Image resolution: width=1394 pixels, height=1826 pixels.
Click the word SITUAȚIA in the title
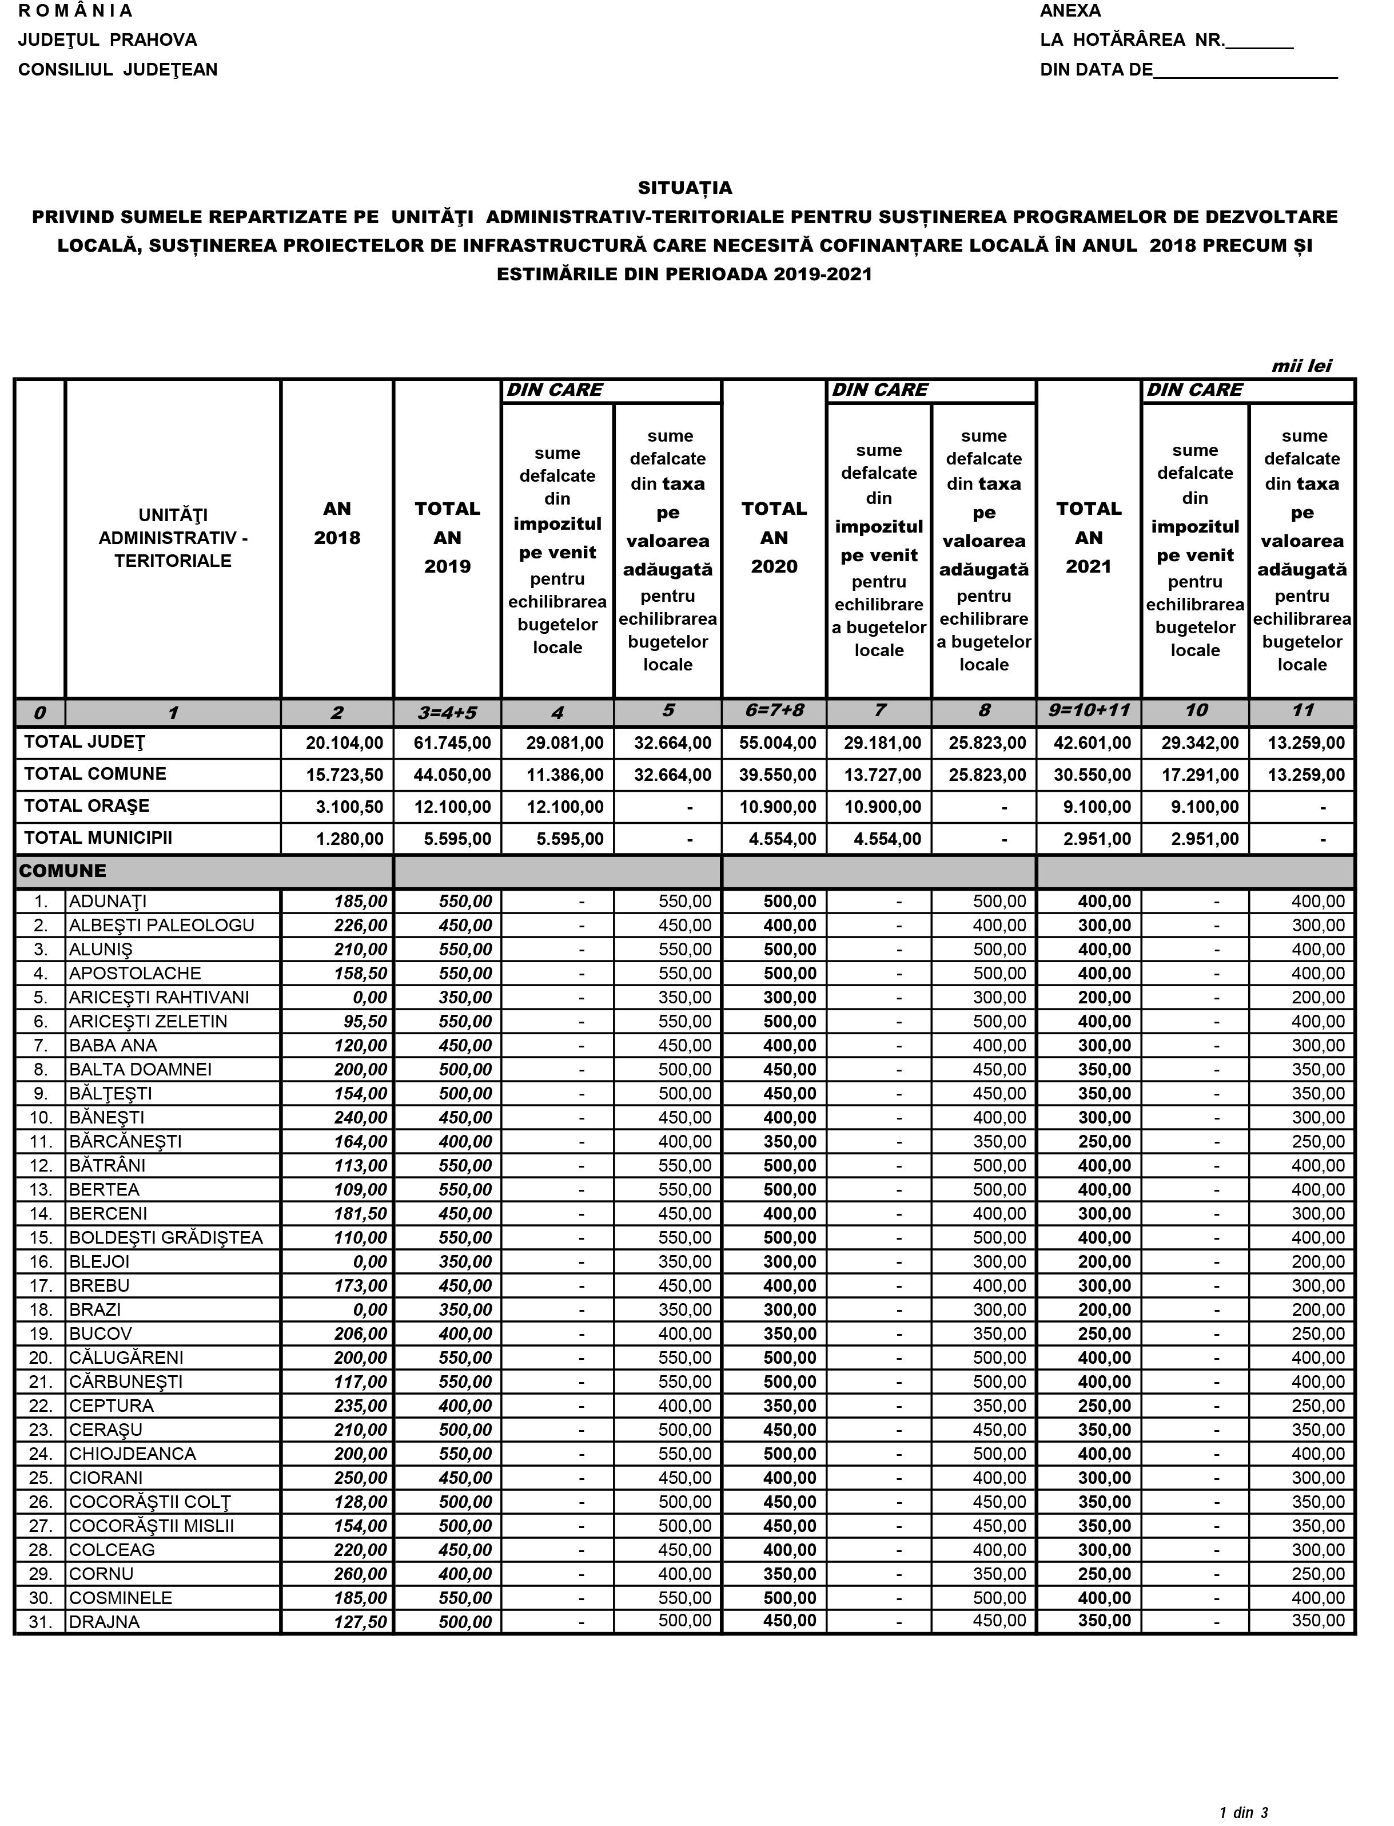point(684,188)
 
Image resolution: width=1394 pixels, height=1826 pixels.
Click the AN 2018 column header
point(337,524)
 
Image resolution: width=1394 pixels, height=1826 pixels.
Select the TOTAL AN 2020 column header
point(774,538)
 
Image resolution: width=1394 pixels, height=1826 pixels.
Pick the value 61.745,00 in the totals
point(452,743)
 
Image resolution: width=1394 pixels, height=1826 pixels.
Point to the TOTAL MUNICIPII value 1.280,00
point(349,839)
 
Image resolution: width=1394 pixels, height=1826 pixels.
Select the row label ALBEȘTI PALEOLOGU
point(162,926)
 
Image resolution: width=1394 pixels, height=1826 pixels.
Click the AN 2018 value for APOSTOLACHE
point(360,974)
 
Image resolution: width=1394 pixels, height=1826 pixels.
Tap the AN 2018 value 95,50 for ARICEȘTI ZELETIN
point(365,1022)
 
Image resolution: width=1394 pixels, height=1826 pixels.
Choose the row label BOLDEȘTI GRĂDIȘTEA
point(166,1237)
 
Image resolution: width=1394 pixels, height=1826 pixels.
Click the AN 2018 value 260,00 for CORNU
point(360,1574)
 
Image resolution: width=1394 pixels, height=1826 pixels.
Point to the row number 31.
point(40,1623)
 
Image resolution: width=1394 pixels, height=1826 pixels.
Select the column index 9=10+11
point(1088,711)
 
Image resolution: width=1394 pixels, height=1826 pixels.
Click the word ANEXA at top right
point(1070,11)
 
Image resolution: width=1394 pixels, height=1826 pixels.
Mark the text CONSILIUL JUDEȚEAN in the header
point(118,70)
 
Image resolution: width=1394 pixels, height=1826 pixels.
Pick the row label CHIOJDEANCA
point(133,1454)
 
